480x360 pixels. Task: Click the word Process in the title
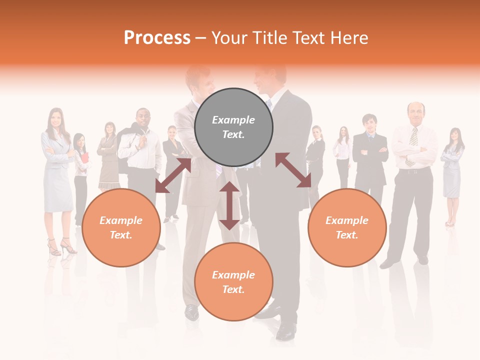(x=157, y=37)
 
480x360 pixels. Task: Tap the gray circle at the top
(x=233, y=127)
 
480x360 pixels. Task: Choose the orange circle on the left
(x=121, y=227)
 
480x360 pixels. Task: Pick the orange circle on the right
(x=347, y=227)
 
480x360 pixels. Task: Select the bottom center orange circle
(x=233, y=282)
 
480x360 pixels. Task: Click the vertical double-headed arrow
(x=229, y=205)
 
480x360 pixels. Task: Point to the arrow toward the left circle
(x=173, y=175)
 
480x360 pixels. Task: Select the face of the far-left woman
(x=55, y=118)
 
